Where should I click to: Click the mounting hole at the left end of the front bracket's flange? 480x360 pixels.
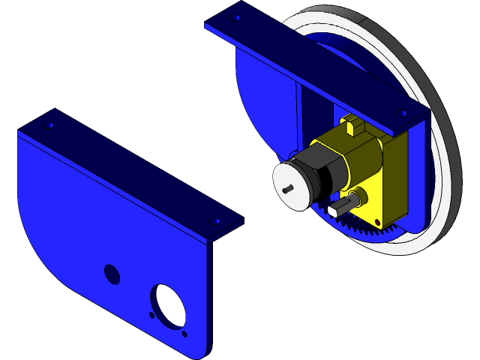click(x=51, y=125)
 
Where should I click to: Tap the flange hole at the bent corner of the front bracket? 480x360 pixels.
click(x=215, y=222)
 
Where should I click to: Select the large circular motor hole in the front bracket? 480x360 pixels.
click(x=169, y=303)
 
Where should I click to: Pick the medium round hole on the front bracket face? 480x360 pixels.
click(x=112, y=274)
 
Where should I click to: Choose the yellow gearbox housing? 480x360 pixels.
click(x=371, y=165)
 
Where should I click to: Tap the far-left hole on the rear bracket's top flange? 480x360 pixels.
click(x=235, y=16)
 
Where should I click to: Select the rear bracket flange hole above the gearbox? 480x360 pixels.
click(x=402, y=113)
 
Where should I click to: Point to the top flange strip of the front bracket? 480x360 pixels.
click(x=127, y=169)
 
